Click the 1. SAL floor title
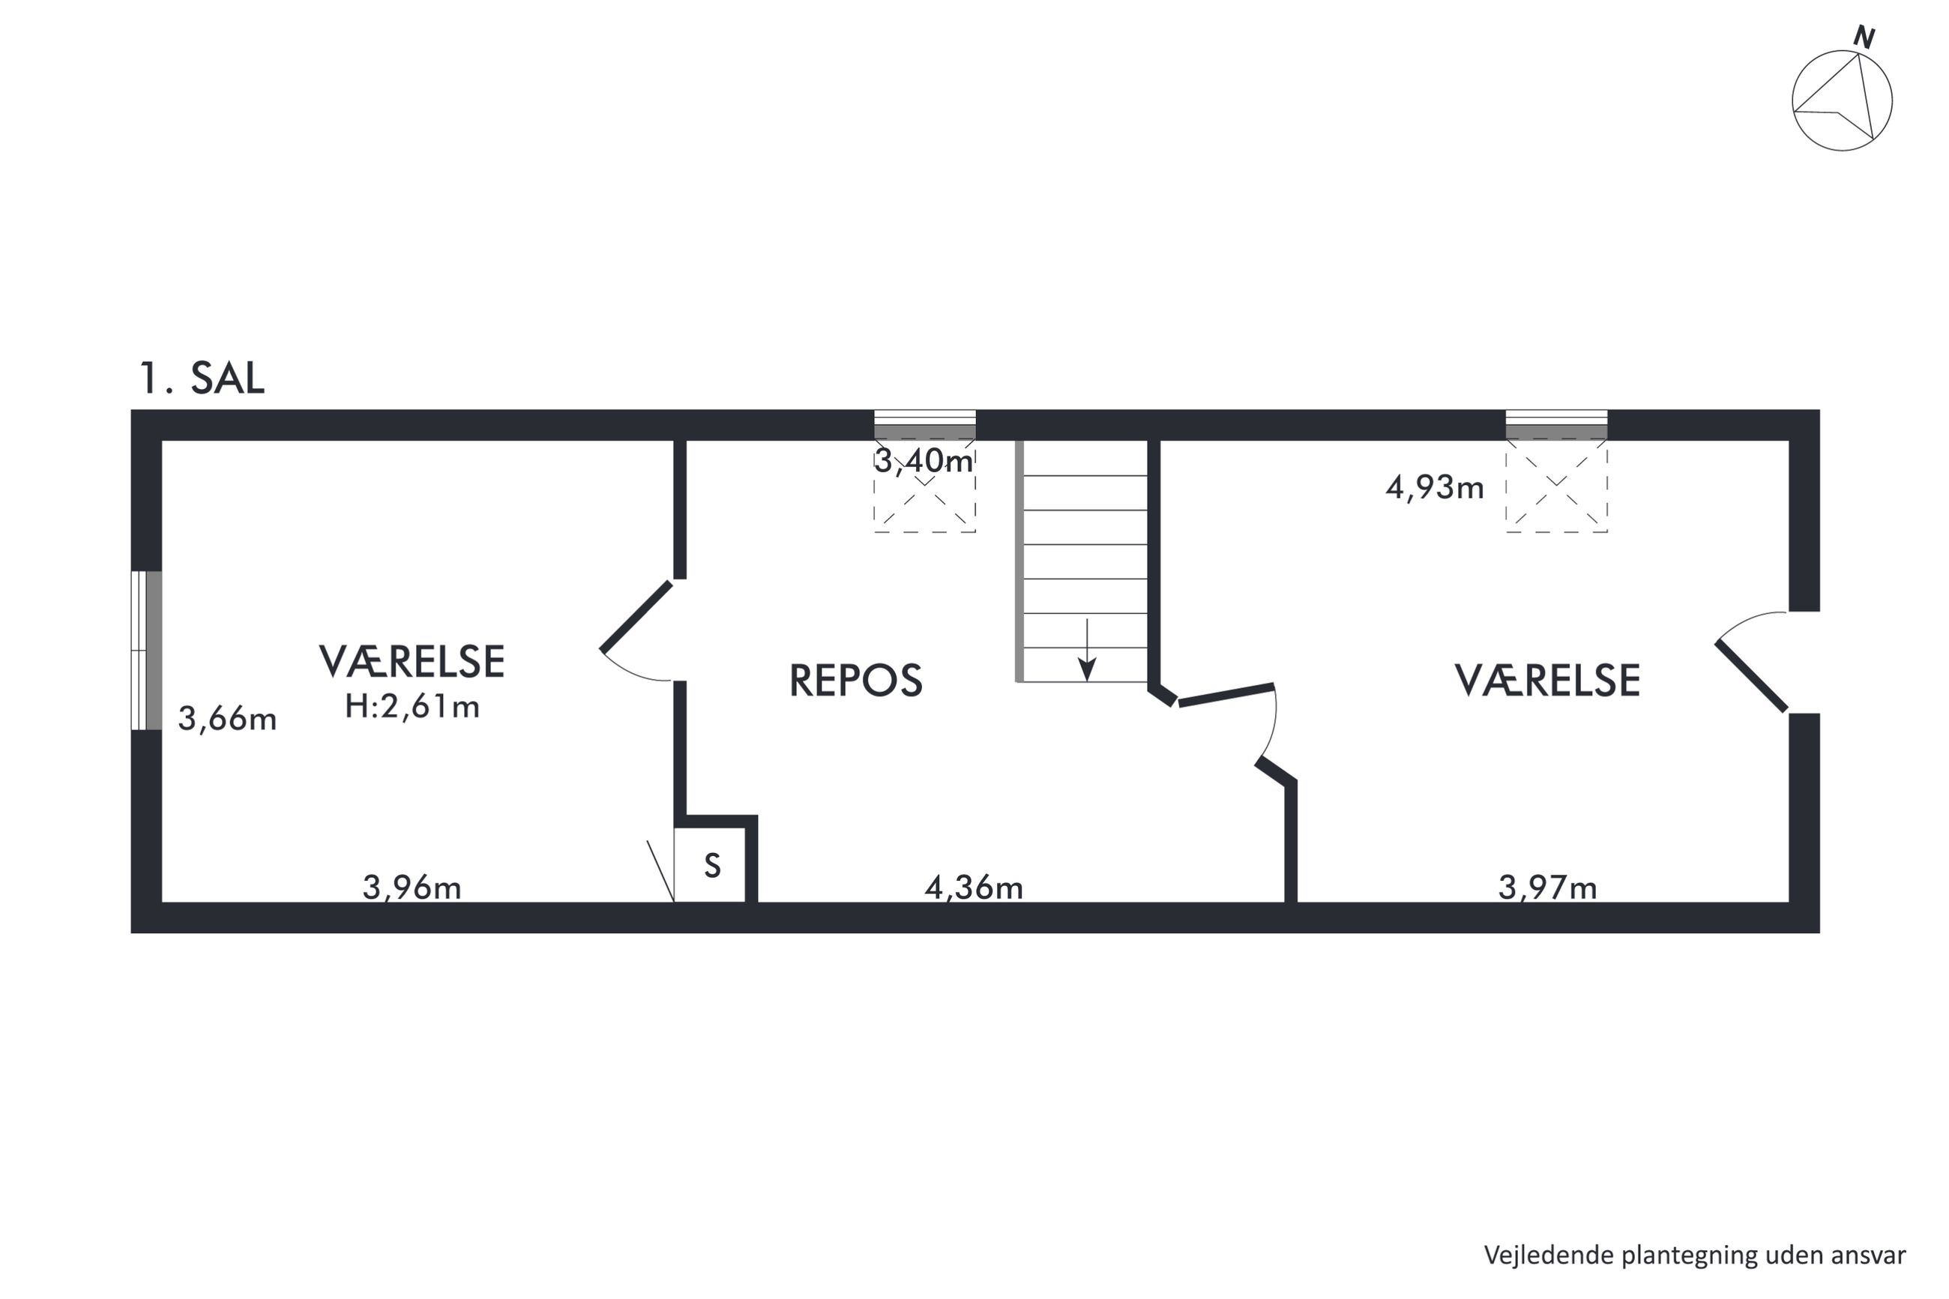tap(202, 378)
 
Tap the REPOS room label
tap(855, 680)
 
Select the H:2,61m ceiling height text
tap(412, 706)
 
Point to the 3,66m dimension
tap(227, 718)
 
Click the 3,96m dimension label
tap(412, 887)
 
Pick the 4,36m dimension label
tap(973, 887)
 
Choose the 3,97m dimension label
tap(1547, 887)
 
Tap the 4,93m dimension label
tap(1434, 487)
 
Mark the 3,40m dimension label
tap(924, 461)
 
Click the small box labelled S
tap(712, 865)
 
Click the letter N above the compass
tap(1864, 37)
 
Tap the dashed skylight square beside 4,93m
tap(1556, 486)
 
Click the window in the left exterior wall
tap(147, 651)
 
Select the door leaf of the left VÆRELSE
tap(636, 617)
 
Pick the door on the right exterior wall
tap(1751, 676)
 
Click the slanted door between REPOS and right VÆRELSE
tap(1226, 694)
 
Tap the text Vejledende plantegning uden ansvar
tap(1695, 1255)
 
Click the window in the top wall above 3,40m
tap(925, 424)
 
